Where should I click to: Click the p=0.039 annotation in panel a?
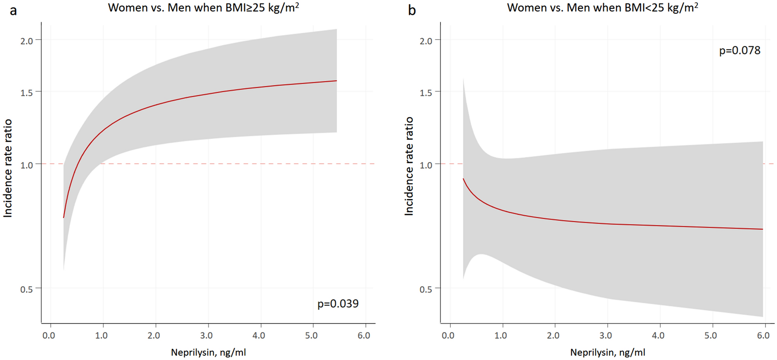tap(338, 303)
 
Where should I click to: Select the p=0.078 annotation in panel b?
tap(739, 51)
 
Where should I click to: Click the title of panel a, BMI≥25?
tap(203, 8)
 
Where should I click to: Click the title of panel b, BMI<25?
tap(602, 8)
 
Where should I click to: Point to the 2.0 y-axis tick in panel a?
tap(26, 41)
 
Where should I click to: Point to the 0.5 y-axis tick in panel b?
tap(425, 289)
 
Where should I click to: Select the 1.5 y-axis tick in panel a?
tap(26, 92)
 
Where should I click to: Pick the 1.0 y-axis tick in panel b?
tap(425, 165)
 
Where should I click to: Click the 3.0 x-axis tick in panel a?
tap(206, 335)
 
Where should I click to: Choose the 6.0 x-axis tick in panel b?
tap(763, 335)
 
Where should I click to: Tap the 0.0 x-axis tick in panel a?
tap(49, 335)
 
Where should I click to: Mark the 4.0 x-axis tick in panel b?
tap(658, 335)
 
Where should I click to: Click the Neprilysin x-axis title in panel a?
tap(208, 352)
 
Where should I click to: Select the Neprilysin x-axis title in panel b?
tap(607, 352)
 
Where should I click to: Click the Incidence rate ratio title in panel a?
tap(8, 168)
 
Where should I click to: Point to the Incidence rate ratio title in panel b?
tap(408, 166)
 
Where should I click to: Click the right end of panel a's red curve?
tap(336, 81)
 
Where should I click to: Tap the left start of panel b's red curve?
tap(463, 179)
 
